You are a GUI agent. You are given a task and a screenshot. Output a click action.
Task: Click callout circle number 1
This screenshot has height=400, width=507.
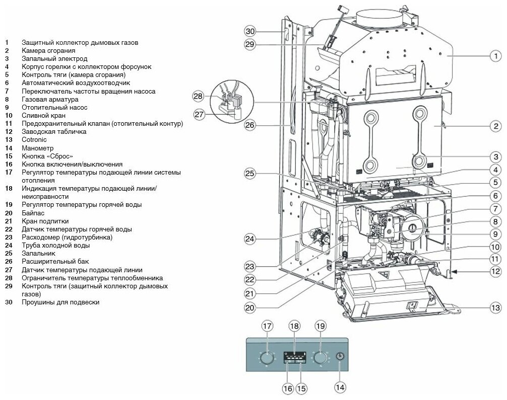click(495, 56)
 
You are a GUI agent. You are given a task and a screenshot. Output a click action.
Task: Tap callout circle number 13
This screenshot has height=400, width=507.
click(496, 307)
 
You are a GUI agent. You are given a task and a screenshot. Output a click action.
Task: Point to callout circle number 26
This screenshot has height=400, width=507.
click(250, 125)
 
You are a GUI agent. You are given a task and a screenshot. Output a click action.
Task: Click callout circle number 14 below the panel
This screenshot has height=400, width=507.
click(340, 387)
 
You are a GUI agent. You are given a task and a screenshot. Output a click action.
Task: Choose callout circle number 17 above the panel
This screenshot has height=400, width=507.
click(267, 326)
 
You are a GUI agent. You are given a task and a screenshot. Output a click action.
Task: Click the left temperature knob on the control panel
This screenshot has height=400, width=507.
click(268, 358)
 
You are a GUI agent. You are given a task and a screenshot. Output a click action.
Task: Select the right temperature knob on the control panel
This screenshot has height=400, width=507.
click(320, 358)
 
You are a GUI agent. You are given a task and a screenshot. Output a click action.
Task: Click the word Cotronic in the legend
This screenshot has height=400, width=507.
click(34, 139)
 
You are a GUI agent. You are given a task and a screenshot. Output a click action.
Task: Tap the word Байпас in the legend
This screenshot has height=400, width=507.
click(32, 213)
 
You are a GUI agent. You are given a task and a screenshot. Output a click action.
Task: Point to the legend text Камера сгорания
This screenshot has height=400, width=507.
click(48, 51)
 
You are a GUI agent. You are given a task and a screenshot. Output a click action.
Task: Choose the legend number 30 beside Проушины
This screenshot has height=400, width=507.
click(8, 302)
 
